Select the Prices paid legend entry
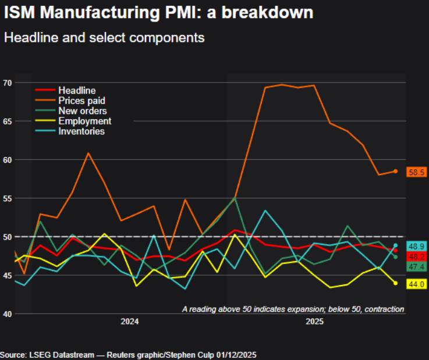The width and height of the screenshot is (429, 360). pyautogui.click(x=81, y=101)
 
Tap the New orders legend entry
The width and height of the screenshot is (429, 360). pyautogui.click(x=82, y=111)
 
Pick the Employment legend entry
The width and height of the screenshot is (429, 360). pyautogui.click(x=84, y=121)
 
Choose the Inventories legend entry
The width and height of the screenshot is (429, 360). pyautogui.click(x=81, y=131)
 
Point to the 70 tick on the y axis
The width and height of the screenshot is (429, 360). pyautogui.click(x=7, y=83)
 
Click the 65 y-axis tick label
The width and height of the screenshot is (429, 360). pyautogui.click(x=7, y=121)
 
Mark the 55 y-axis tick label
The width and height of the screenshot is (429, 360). pyautogui.click(x=7, y=198)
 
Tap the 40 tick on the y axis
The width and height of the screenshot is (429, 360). pyautogui.click(x=7, y=314)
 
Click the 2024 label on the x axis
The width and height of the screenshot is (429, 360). pyautogui.click(x=129, y=322)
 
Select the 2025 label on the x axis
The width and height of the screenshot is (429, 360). pyautogui.click(x=314, y=322)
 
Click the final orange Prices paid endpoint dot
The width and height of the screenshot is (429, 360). pyautogui.click(x=395, y=171)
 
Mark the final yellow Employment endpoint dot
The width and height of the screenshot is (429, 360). pyautogui.click(x=395, y=283)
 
